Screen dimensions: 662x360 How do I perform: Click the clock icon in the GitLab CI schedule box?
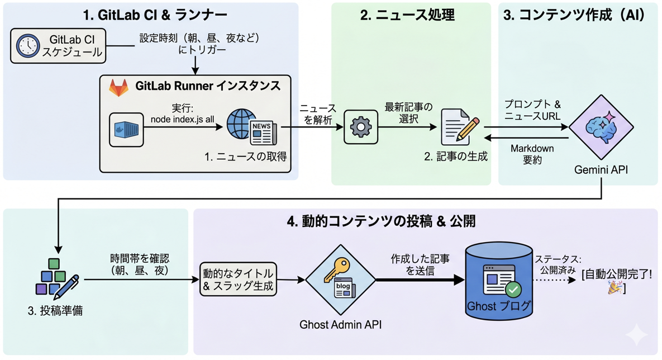(28, 46)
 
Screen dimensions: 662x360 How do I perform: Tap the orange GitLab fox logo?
(118, 87)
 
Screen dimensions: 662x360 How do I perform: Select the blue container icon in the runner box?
(126, 130)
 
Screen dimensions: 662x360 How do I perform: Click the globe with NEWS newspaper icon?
(251, 127)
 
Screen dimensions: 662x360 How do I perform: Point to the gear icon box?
(360, 127)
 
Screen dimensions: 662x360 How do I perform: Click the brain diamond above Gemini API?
(601, 127)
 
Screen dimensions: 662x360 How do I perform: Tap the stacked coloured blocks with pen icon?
(56, 277)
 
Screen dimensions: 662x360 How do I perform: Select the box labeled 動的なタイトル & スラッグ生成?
(238, 280)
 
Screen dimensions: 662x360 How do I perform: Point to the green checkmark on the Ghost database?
(513, 290)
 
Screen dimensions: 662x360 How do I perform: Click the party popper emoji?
(615, 288)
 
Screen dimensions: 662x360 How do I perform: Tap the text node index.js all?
(182, 120)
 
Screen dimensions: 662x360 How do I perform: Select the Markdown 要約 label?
(532, 154)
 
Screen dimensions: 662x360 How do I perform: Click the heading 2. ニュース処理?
(407, 15)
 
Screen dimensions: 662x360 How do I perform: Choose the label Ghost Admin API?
(340, 325)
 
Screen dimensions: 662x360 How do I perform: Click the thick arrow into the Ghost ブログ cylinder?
(421, 280)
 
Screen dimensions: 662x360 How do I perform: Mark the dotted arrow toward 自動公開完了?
(554, 280)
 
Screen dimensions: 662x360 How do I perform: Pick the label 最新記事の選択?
(408, 113)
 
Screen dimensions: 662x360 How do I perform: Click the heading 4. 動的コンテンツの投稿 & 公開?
(381, 221)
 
